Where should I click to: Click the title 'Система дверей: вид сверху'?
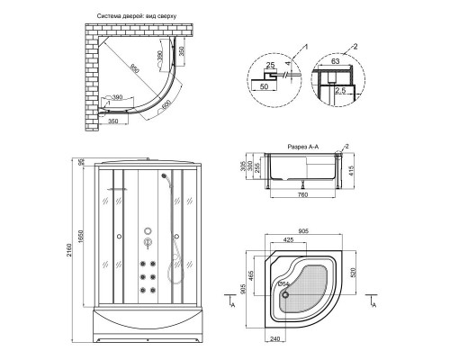click(x=136, y=16)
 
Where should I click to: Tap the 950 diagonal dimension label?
click(x=135, y=69)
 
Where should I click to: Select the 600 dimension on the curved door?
click(x=166, y=103)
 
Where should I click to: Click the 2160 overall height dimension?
click(x=68, y=250)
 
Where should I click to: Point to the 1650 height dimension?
click(x=80, y=236)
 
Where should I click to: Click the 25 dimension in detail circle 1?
click(x=270, y=65)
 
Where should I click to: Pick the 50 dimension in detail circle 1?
click(x=264, y=86)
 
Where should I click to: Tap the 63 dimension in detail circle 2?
click(x=336, y=61)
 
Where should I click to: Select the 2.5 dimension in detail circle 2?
click(x=340, y=90)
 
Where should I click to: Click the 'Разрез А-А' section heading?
click(x=303, y=147)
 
